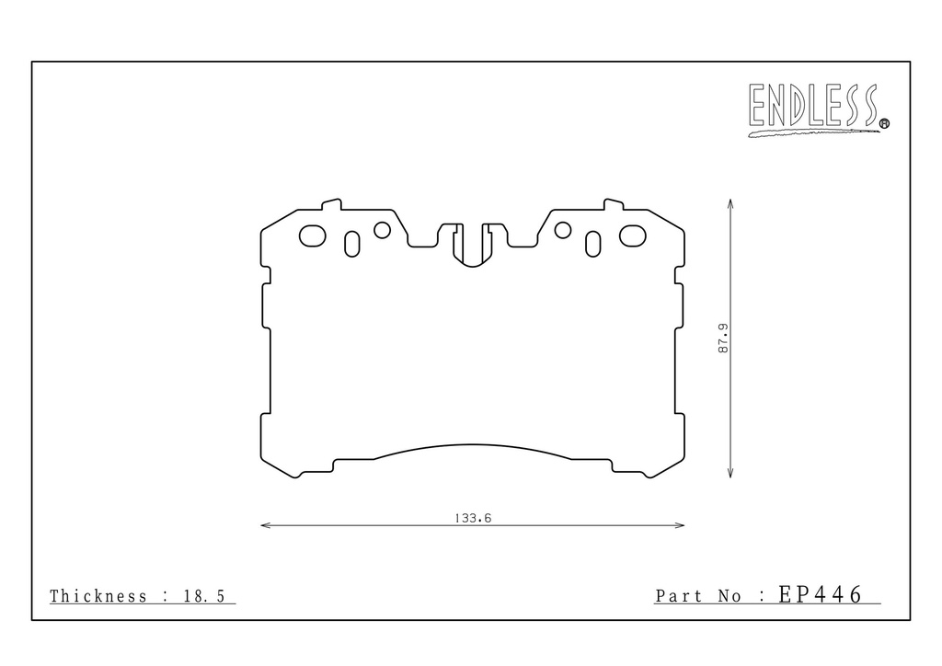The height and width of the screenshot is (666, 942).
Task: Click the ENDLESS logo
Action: click(818, 109)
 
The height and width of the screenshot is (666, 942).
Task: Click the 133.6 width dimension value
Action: click(473, 518)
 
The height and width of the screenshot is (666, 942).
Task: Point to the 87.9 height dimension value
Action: click(723, 339)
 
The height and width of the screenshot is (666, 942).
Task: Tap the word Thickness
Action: click(98, 596)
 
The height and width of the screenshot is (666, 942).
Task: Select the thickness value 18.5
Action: click(203, 596)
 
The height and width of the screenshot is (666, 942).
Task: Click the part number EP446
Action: click(820, 594)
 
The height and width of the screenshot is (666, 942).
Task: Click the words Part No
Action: click(699, 596)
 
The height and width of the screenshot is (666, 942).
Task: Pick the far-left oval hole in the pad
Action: click(313, 236)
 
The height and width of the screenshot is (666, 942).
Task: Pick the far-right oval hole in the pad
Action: click(633, 236)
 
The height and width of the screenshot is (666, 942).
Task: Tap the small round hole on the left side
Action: click(382, 229)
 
